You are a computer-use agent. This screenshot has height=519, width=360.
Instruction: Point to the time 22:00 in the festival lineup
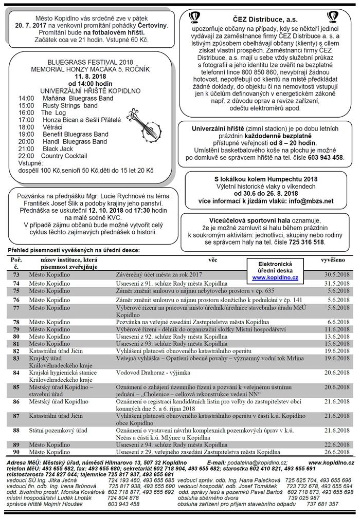point(26,156)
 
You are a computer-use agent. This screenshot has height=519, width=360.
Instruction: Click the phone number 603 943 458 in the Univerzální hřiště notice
point(326,158)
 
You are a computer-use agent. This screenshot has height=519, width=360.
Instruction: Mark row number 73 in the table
point(16,275)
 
